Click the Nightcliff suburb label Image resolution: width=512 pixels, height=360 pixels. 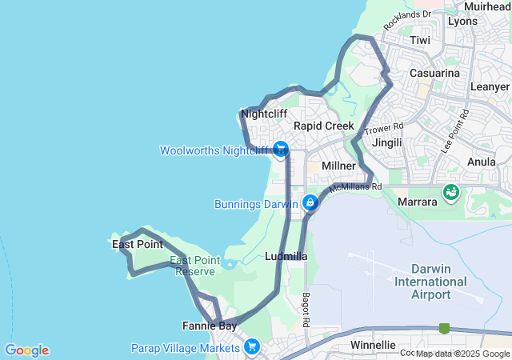(264, 114)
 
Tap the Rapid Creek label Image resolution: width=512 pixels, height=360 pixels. (323, 126)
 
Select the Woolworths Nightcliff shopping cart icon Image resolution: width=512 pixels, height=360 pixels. (280, 149)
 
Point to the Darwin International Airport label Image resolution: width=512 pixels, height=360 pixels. (430, 281)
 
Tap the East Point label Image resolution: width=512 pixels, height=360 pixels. (137, 244)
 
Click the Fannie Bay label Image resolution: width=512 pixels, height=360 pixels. (209, 326)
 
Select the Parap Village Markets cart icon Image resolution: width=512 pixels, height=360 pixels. (252, 346)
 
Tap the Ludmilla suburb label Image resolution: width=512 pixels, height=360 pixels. (286, 256)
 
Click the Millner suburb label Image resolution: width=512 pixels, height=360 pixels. (338, 165)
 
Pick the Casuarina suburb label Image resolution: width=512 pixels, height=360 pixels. (434, 73)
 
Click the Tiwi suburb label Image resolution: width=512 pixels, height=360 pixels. (419, 39)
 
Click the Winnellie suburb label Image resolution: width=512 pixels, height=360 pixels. (373, 345)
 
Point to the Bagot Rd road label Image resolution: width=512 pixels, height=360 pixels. (306, 307)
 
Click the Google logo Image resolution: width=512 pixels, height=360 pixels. (26, 350)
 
